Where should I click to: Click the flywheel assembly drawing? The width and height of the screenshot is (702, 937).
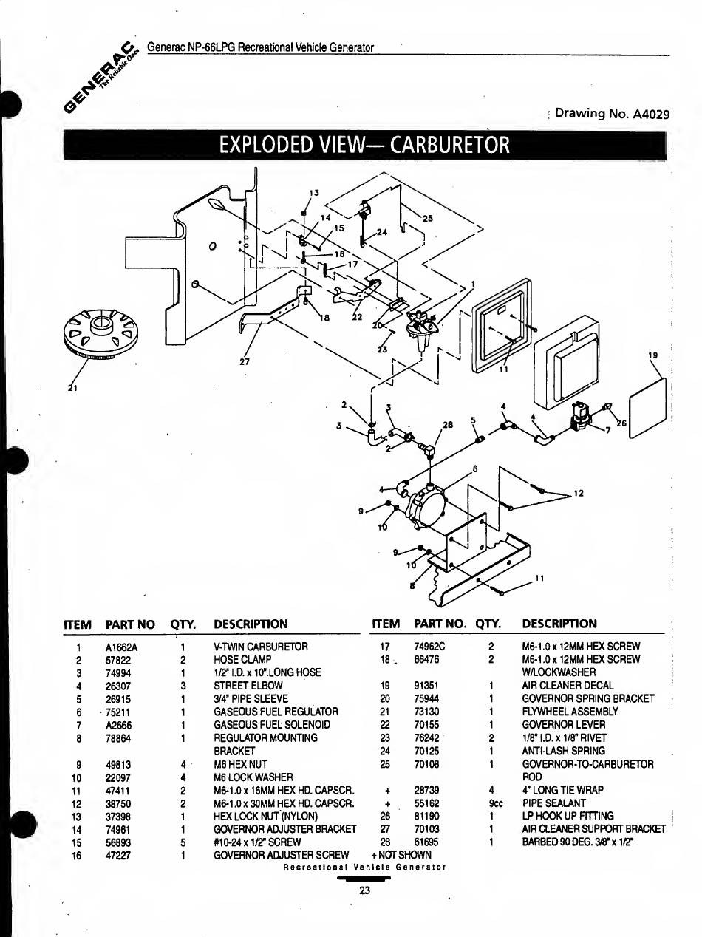coord(101,333)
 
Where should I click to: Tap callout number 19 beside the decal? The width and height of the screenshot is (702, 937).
coord(652,355)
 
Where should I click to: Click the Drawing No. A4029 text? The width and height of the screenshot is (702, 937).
coord(612,114)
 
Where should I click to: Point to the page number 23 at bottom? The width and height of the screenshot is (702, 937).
coord(364,890)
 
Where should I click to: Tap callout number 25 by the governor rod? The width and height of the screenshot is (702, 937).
coord(427,219)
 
